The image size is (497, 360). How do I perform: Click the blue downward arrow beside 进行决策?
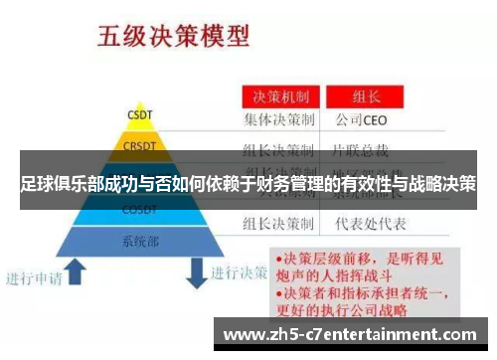[198, 270]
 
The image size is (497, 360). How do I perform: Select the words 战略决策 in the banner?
[443, 184]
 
